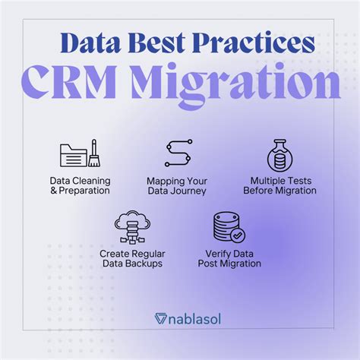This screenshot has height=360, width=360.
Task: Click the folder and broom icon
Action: (x=81, y=153)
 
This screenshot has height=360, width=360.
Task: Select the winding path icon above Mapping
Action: (x=178, y=153)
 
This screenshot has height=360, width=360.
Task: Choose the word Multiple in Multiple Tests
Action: (x=265, y=180)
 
